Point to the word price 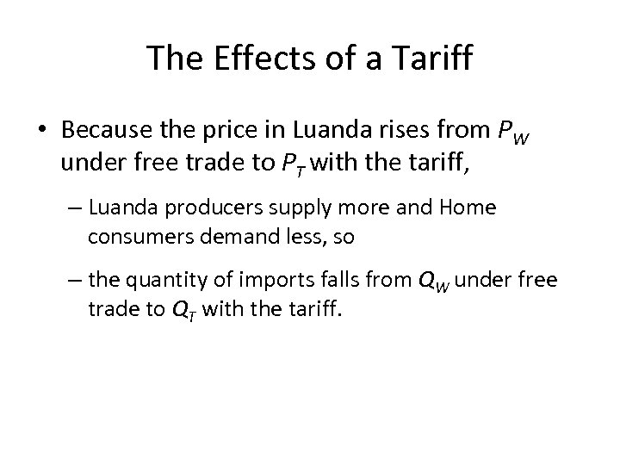[x=230, y=132]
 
